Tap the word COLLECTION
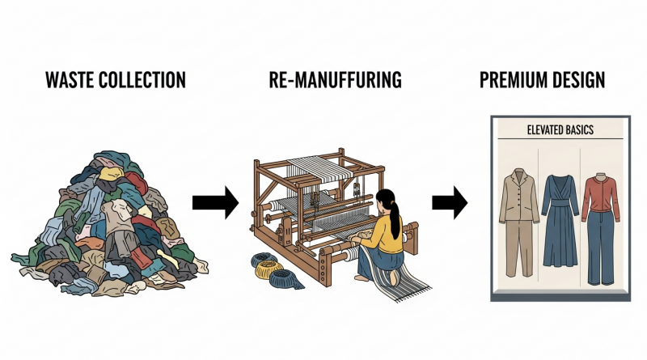[145, 80]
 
